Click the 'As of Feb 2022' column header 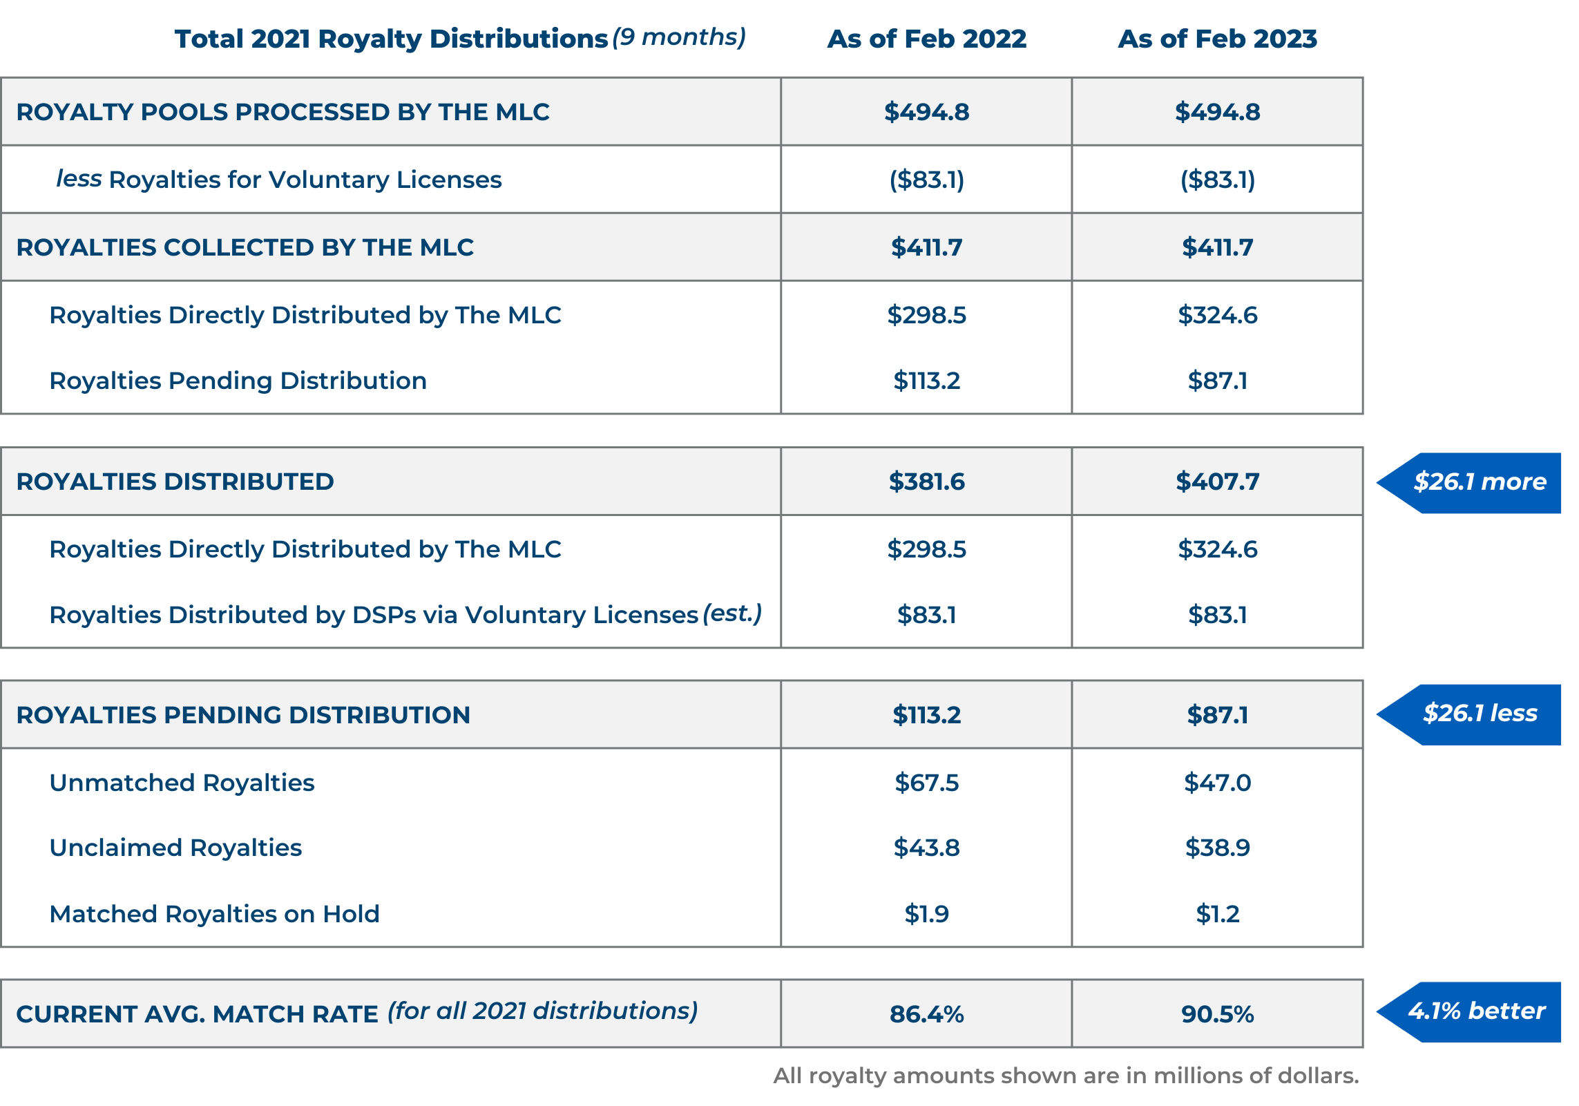pyautogui.click(x=926, y=39)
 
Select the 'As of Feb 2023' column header pyautogui.click(x=1217, y=39)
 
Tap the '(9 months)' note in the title pyautogui.click(x=679, y=37)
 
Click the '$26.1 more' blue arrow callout pyautogui.click(x=1478, y=482)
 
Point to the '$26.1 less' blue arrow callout pyautogui.click(x=1478, y=713)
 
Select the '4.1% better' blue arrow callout pyautogui.click(x=1476, y=1011)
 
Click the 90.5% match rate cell pyautogui.click(x=1217, y=1014)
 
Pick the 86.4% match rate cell pyautogui.click(x=926, y=1014)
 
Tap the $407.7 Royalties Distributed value pyautogui.click(x=1217, y=482)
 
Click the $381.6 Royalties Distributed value pyautogui.click(x=926, y=482)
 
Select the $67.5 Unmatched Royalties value pyautogui.click(x=926, y=783)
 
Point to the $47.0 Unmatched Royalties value pyautogui.click(x=1217, y=783)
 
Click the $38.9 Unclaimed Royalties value pyautogui.click(x=1217, y=848)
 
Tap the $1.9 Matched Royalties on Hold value pyautogui.click(x=926, y=914)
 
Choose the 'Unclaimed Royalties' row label pyautogui.click(x=175, y=848)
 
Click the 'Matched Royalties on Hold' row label pyautogui.click(x=214, y=914)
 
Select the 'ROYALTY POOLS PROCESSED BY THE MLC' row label pyautogui.click(x=283, y=112)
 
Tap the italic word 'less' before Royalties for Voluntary pyautogui.click(x=79, y=178)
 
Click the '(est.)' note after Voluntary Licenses pyautogui.click(x=732, y=613)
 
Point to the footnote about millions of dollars pyautogui.click(x=1065, y=1076)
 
